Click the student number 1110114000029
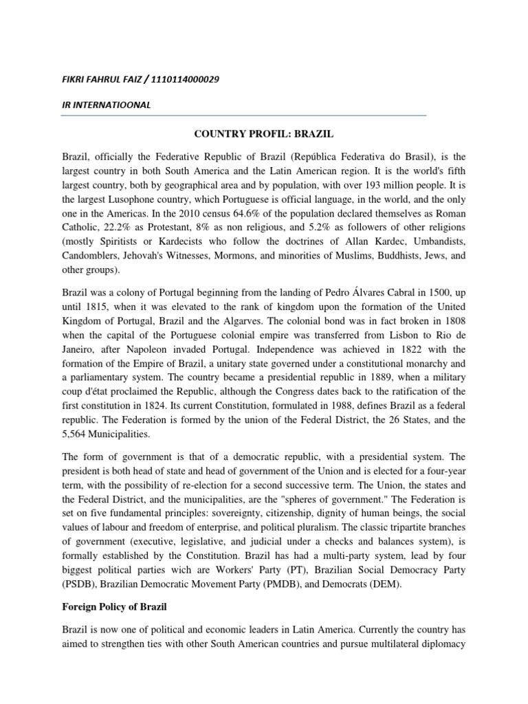[x=184, y=79]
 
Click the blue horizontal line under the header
[x=243, y=115]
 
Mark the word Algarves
[x=274, y=321]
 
